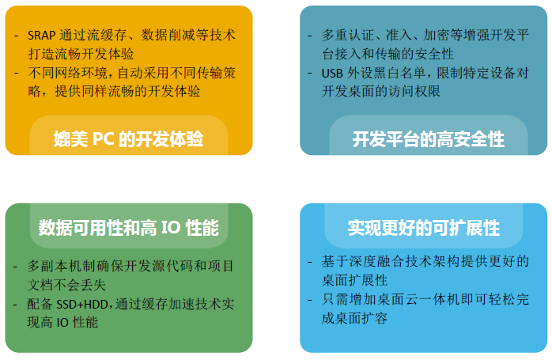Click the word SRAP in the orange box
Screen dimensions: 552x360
42,36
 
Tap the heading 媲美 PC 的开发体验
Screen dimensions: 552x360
128,138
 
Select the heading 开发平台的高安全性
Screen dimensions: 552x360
428,139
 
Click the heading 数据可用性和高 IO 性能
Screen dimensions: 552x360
129,228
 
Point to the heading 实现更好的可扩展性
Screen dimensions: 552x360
424,228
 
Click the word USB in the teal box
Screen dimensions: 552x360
332,74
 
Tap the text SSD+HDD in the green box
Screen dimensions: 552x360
82,304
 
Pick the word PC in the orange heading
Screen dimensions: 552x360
103,138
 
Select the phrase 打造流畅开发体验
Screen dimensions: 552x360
81,54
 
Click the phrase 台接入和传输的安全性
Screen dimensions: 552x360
388,54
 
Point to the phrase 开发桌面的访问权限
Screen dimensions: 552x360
381,91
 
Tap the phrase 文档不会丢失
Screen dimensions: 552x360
66,285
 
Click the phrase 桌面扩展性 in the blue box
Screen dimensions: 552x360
354,280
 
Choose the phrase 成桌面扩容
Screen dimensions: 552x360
354,318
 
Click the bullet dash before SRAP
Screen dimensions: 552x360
16,36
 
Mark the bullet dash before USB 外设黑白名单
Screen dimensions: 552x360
310,74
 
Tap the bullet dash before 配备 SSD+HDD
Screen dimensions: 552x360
15,305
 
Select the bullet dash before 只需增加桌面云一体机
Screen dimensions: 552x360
310,300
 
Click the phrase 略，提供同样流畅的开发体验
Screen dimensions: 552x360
114,91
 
